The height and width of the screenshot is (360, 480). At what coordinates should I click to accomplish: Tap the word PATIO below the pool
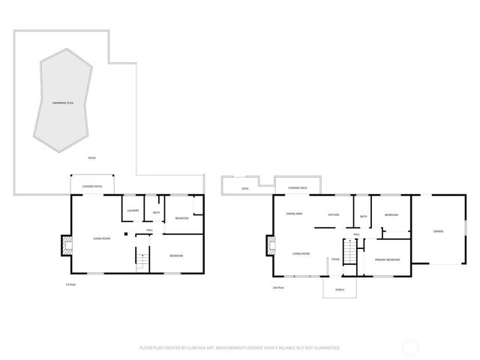tap(91, 157)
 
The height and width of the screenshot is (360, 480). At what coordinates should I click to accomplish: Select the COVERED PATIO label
tap(92, 185)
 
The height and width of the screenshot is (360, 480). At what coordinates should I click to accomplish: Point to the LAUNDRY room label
tap(133, 211)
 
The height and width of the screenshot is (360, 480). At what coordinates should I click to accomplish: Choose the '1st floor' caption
tap(71, 285)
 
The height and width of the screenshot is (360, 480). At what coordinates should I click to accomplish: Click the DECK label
tap(245, 188)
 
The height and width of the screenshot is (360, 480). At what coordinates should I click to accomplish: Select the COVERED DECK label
tap(298, 187)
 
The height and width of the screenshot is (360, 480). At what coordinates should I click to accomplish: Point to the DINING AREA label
tap(294, 214)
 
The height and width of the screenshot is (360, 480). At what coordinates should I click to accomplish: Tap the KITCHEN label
tap(333, 215)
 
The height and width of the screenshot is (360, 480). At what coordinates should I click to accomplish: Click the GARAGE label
tap(438, 231)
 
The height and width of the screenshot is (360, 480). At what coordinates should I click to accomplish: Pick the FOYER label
tap(335, 259)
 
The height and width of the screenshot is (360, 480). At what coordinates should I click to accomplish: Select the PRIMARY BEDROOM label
tap(387, 259)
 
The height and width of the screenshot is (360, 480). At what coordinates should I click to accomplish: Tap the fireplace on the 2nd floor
tap(268, 244)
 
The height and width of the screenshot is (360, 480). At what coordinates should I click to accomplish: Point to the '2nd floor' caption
tap(278, 287)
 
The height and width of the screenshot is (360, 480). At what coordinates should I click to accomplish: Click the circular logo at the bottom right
tap(411, 348)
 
